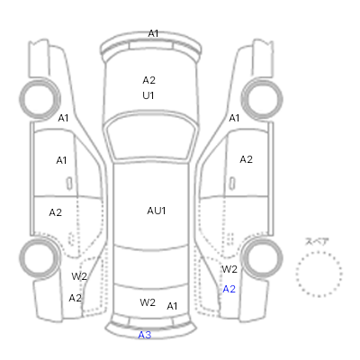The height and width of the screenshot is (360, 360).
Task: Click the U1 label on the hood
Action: tap(148, 95)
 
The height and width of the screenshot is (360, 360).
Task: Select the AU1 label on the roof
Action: tap(157, 211)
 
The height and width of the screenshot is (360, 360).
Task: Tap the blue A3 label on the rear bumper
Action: tap(145, 335)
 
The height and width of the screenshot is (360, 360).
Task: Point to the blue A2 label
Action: tap(229, 289)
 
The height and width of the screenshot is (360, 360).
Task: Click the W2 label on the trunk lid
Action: tap(148, 302)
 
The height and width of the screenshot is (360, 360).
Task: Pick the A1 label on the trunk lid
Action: tap(172, 306)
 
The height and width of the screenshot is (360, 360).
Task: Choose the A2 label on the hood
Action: tap(148, 80)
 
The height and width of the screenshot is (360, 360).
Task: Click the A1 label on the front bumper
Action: tap(153, 33)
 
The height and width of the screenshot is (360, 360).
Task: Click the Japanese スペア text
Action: tap(317, 241)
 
